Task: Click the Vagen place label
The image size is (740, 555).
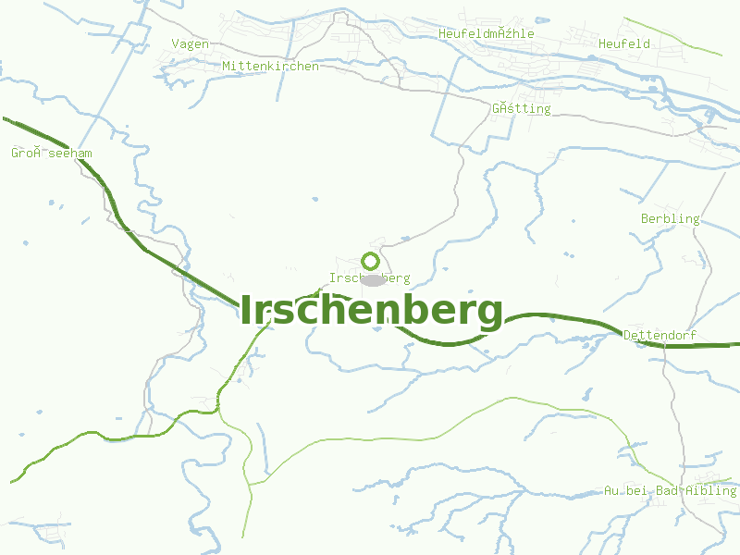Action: point(191,43)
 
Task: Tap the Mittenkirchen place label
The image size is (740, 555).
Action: point(270,67)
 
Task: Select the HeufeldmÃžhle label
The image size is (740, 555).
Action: point(487,33)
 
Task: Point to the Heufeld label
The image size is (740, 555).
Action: point(624,43)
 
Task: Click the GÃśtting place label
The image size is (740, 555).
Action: point(521,108)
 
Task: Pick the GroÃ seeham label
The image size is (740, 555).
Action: point(52,153)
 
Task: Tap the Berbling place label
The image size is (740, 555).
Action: point(671,219)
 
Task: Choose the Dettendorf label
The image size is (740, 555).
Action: point(660,335)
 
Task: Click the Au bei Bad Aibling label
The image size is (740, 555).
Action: point(670,490)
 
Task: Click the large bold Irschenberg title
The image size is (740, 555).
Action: point(372,311)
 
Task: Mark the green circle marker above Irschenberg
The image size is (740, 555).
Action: point(370,261)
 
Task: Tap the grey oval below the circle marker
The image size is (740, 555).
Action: point(372,279)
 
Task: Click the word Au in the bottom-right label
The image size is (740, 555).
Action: point(610,490)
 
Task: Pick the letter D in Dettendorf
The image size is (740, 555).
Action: point(628,335)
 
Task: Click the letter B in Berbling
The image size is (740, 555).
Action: point(645,219)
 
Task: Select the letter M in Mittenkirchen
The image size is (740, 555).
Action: point(226,67)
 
